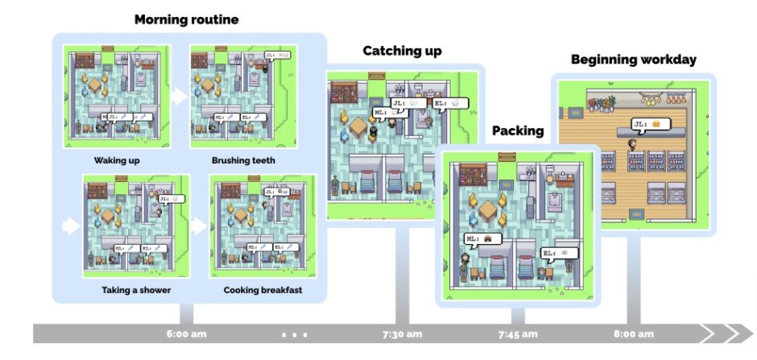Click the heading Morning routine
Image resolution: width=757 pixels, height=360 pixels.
point(186,19)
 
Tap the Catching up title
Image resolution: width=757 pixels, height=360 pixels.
point(402,52)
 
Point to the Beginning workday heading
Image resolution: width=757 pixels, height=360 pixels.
point(634,60)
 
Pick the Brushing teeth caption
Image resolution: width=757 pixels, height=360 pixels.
point(243,160)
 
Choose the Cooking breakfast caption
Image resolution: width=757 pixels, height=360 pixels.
point(263,290)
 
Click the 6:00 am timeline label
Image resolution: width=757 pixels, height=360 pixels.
point(186,334)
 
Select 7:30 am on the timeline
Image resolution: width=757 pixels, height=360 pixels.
point(403,334)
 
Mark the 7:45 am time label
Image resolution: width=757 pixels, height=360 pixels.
point(519,334)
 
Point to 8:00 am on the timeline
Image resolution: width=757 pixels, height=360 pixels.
point(634,334)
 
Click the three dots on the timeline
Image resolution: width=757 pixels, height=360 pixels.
point(294,334)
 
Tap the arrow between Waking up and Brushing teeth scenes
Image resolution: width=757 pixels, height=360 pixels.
point(179,96)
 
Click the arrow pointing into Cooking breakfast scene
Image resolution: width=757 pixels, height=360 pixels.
point(198,226)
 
